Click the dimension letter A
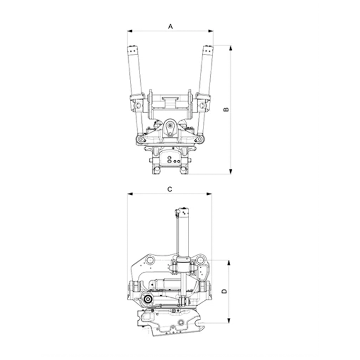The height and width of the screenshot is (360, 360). coord(170,26)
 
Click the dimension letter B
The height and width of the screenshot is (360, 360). coord(226,109)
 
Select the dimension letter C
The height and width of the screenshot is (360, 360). coord(170,190)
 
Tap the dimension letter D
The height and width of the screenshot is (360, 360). coord(224,291)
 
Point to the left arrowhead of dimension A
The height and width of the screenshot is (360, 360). coord(130,31)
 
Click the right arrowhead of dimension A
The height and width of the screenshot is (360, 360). coord(210,31)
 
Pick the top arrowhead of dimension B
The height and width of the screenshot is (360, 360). coord(231,48)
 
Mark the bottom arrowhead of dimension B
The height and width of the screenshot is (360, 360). coord(231,171)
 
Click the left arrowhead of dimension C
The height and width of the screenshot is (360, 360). coord(130,194)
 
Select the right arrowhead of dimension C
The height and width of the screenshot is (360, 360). coord(209,194)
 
